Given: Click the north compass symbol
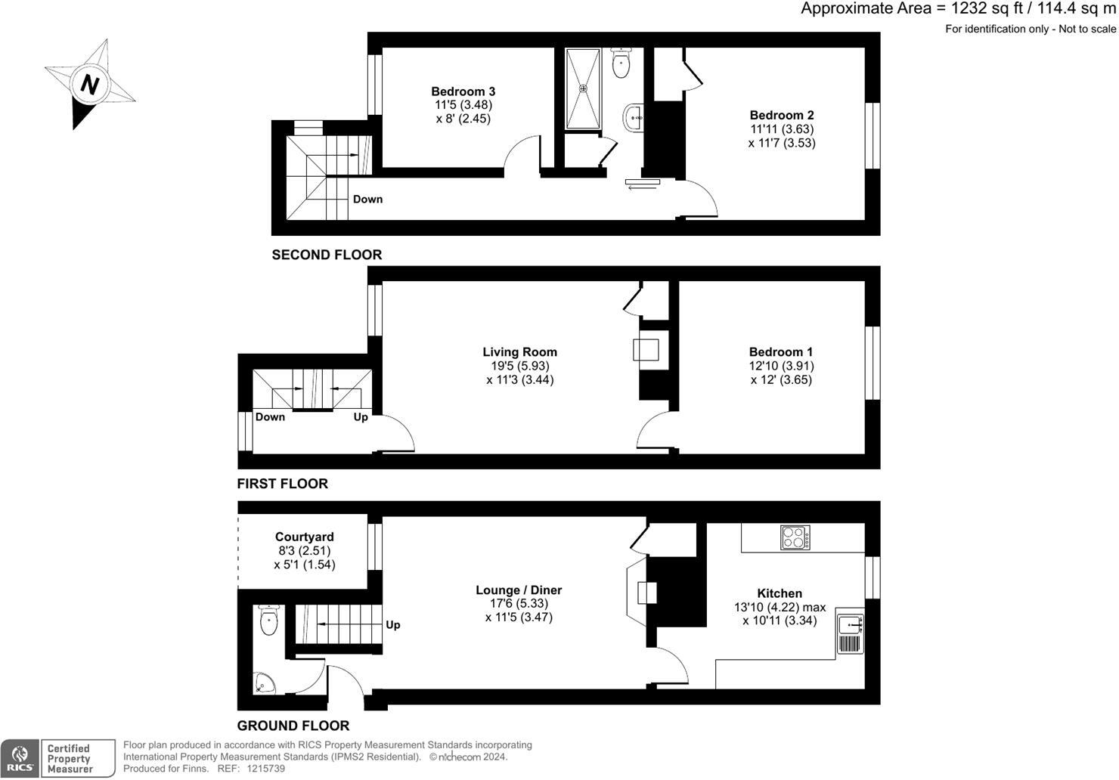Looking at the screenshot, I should [x=89, y=84].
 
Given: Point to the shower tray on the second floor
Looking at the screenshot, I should [x=583, y=88].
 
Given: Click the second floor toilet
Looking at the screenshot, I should [x=621, y=63].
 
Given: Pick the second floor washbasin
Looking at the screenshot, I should [x=634, y=117].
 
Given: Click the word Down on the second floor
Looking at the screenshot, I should [x=367, y=200].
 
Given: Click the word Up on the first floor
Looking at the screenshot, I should [x=361, y=417].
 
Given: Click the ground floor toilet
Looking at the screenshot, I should [x=268, y=620].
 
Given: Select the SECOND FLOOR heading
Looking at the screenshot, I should [x=327, y=255].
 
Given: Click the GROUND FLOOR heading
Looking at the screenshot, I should [x=293, y=726].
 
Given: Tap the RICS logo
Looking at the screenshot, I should [x=20, y=758].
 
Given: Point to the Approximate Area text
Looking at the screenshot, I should [x=958, y=9].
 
